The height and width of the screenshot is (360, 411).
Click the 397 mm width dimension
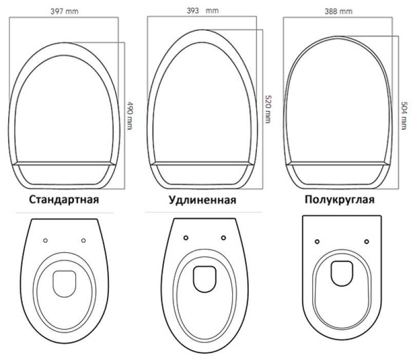[65, 11]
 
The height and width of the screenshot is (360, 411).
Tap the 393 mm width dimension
[203, 11]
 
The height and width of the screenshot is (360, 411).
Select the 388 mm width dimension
[339, 11]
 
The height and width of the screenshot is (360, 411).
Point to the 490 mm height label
[130, 115]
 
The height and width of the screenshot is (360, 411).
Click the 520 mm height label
[268, 109]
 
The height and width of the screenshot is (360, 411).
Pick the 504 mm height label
[404, 115]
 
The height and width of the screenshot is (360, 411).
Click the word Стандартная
[64, 200]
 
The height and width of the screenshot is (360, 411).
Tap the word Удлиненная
[202, 200]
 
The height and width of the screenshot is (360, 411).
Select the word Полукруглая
[340, 200]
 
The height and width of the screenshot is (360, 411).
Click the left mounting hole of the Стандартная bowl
[45, 240]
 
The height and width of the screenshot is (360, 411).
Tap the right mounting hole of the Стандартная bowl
[83, 240]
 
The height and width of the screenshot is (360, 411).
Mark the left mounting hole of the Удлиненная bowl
[186, 238]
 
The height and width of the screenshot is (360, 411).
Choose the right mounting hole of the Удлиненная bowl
[223, 238]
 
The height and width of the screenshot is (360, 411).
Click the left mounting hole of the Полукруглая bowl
[317, 241]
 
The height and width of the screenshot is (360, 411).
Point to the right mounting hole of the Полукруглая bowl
[367, 241]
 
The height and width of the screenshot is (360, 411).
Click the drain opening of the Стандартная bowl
[65, 284]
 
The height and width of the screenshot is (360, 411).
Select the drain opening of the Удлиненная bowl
[204, 279]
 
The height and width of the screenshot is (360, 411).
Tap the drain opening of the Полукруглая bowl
[342, 274]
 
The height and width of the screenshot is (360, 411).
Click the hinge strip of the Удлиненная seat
[202, 164]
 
